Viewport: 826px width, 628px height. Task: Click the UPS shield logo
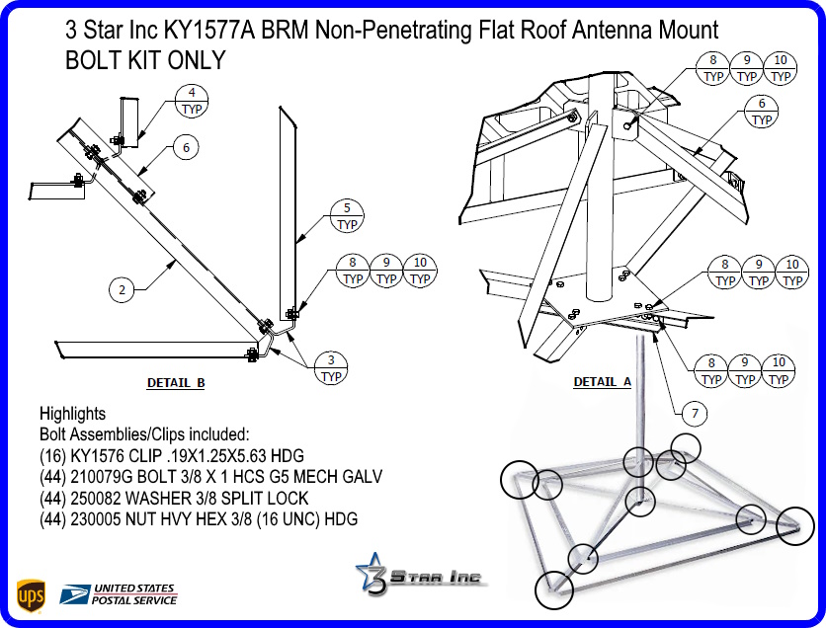click(x=31, y=595)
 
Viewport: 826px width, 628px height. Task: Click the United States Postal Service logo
click(x=119, y=594)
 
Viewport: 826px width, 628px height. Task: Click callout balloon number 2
click(x=122, y=290)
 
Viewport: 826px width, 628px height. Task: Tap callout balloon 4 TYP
click(x=191, y=101)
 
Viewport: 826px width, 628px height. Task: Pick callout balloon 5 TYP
click(x=347, y=216)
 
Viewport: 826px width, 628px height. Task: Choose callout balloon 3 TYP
click(x=331, y=367)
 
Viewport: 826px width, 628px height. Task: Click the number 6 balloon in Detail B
click(x=185, y=148)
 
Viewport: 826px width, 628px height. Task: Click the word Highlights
click(x=72, y=414)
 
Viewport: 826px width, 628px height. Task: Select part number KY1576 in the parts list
click(x=98, y=455)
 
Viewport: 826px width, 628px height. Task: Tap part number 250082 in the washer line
click(x=101, y=498)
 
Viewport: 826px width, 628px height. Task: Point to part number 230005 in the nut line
click(x=101, y=518)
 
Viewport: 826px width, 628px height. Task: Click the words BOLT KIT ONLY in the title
click(x=145, y=60)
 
